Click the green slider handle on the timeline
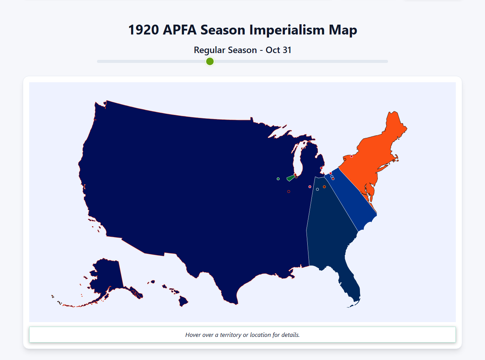(x=210, y=61)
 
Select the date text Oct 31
(x=278, y=50)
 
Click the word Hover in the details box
(x=194, y=335)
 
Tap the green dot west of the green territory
(x=278, y=179)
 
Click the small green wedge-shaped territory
(x=291, y=178)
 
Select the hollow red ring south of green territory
(x=289, y=192)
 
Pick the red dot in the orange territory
(x=351, y=156)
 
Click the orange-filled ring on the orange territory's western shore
(x=344, y=160)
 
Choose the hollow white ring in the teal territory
(x=318, y=189)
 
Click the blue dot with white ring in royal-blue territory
(x=332, y=176)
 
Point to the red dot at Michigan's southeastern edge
(x=321, y=168)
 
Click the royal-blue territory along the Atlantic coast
(x=352, y=201)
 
